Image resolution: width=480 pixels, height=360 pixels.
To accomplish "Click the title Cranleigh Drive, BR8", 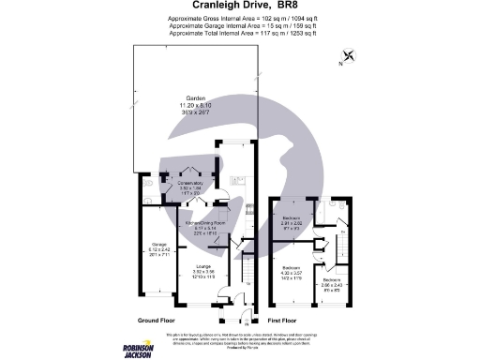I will coord(238,8).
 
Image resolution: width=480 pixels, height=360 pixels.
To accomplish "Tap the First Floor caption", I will coord(292,321).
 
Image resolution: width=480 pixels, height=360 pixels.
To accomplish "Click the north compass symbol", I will coord(349,57).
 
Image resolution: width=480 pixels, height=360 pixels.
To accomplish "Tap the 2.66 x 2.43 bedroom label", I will coord(333,283).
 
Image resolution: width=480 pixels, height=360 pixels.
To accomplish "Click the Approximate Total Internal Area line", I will coord(243,33).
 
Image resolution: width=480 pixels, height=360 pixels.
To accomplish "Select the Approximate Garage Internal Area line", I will coord(243,26).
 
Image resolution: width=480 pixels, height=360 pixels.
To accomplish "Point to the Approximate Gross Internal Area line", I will coord(243,20).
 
